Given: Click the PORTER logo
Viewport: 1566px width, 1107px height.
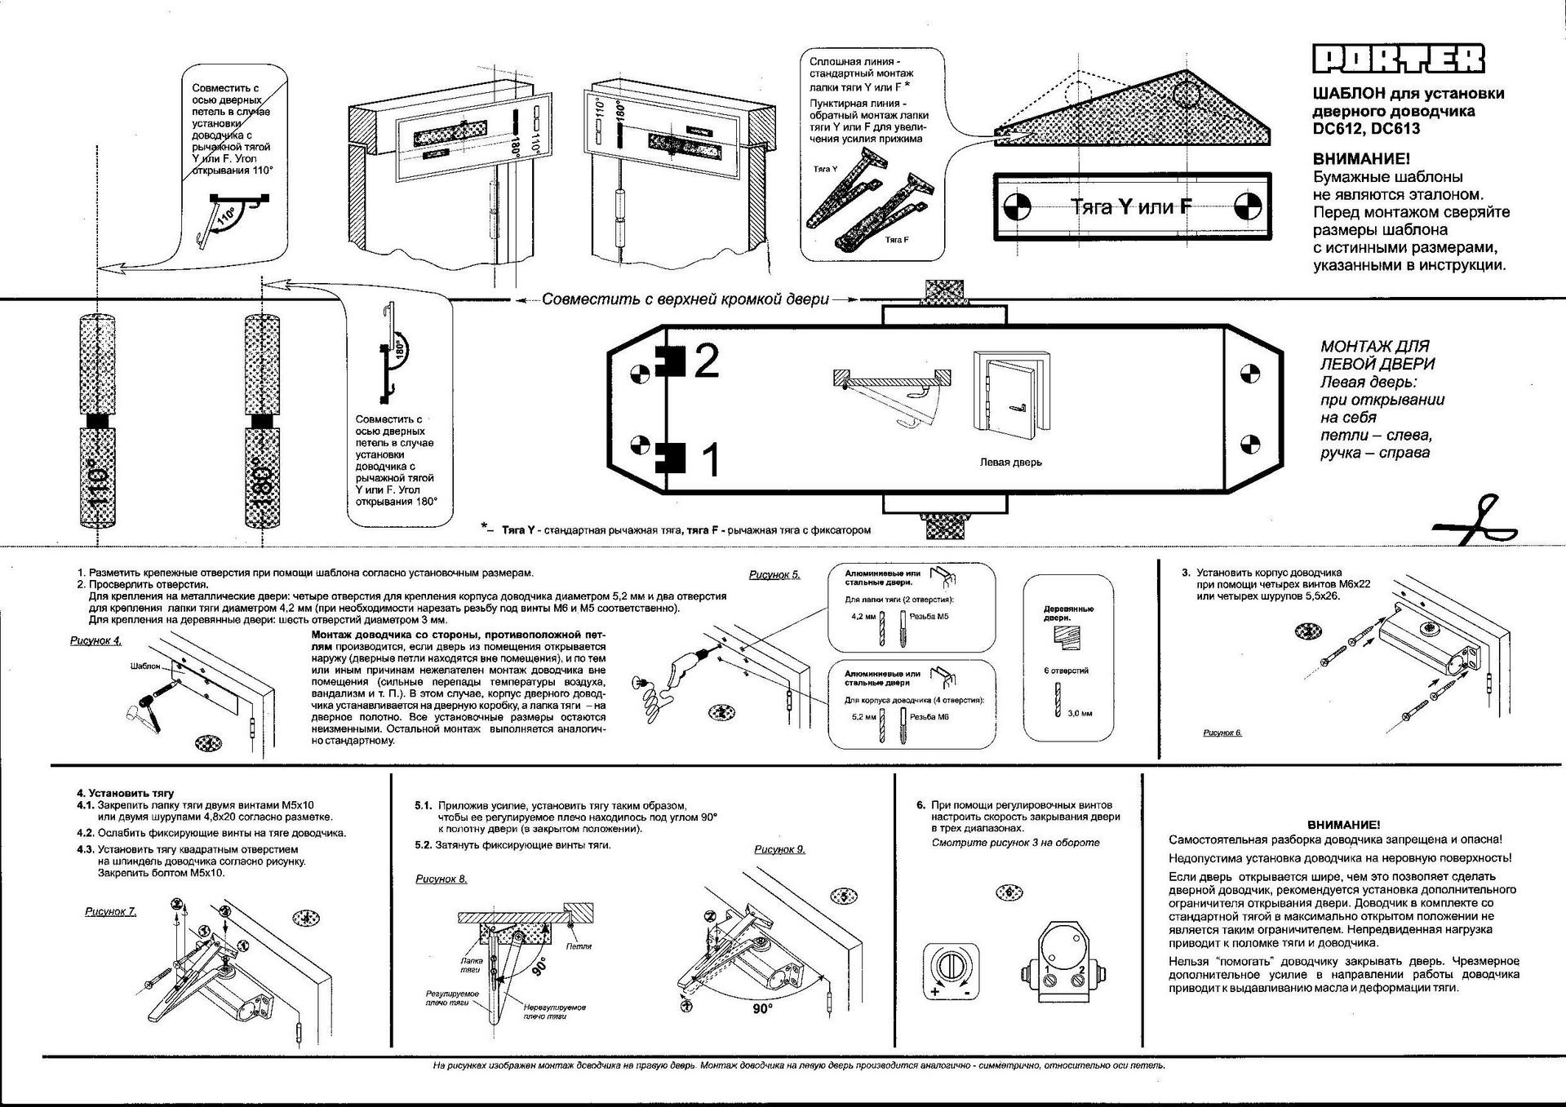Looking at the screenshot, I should click(x=1398, y=59).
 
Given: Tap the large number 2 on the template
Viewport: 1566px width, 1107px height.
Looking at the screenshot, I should click(x=706, y=361).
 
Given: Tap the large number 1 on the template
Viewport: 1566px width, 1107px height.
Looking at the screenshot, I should click(x=711, y=459).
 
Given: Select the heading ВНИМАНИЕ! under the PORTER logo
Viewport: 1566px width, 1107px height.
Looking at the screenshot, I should click(x=1360, y=159).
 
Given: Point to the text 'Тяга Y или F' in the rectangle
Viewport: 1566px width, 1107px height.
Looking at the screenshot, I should click(x=1131, y=206).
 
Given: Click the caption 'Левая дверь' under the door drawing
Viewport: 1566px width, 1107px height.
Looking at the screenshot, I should click(x=1010, y=463).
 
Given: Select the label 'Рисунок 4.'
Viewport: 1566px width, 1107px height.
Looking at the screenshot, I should click(x=95, y=640).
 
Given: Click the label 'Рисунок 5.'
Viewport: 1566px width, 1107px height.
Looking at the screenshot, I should click(x=774, y=575).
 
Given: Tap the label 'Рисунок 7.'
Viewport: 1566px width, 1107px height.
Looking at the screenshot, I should click(x=111, y=911).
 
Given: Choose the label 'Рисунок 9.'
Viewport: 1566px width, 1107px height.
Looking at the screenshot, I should click(x=779, y=849).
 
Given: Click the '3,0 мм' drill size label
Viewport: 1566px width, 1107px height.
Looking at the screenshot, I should click(x=1080, y=713).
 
